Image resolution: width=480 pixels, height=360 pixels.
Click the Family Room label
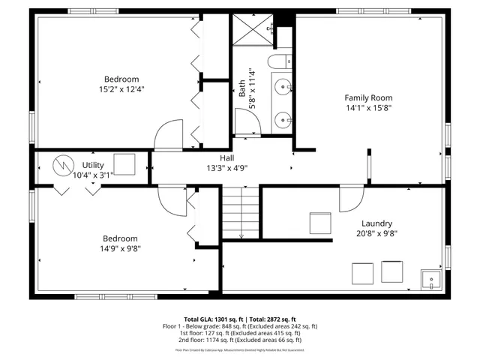pyautogui.click(x=368, y=97)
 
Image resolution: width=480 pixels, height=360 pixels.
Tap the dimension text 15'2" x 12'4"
pyautogui.click(x=121, y=89)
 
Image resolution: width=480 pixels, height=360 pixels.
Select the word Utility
pyautogui.click(x=93, y=164)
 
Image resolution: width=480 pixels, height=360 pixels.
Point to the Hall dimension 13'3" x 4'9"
pyautogui.click(x=227, y=169)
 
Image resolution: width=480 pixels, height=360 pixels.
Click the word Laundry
pyautogui.click(x=377, y=223)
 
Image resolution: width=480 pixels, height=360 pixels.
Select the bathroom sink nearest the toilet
pyautogui.click(x=283, y=87)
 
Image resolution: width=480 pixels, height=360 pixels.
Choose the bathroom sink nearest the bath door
pyautogui.click(x=283, y=118)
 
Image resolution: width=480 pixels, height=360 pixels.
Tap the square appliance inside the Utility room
pyautogui.click(x=124, y=164)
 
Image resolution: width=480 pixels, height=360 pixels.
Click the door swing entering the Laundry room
pyautogui.click(x=349, y=199)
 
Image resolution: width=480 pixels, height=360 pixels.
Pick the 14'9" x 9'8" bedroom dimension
pyautogui.click(x=121, y=248)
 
